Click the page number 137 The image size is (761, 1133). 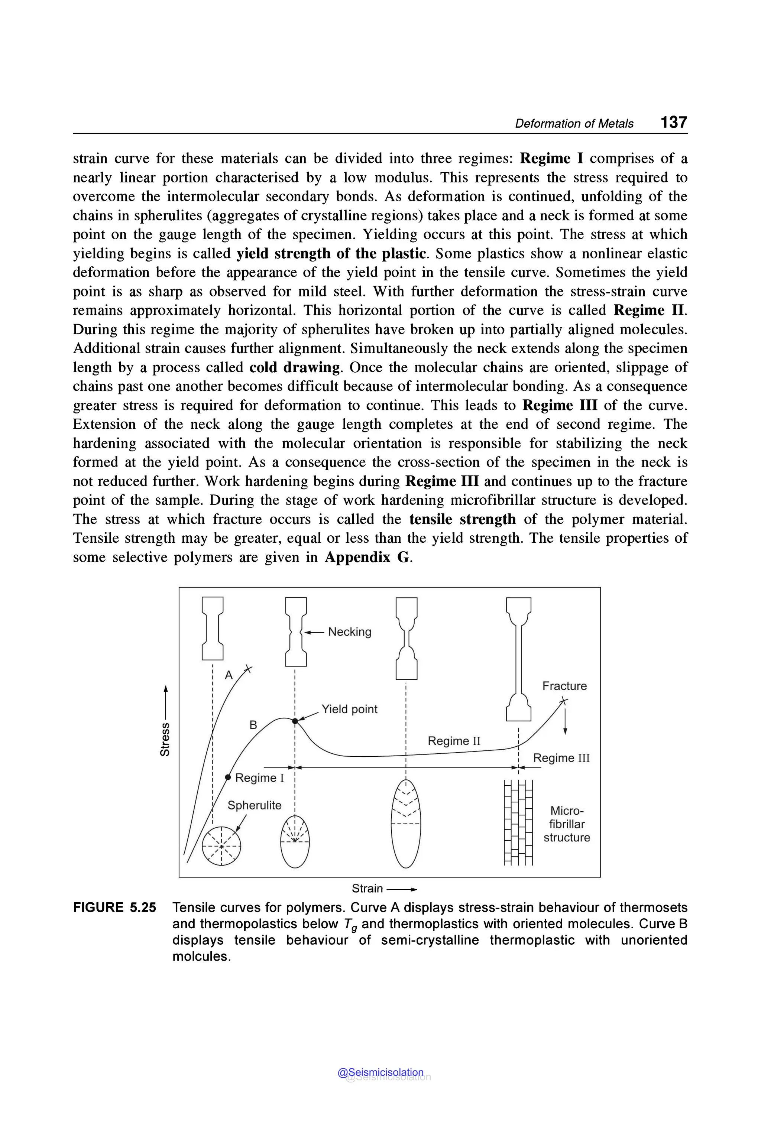(x=673, y=122)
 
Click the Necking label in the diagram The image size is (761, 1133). (x=349, y=632)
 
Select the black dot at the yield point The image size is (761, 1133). (x=295, y=721)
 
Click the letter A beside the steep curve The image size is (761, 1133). (x=229, y=675)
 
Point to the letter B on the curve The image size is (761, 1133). (x=253, y=725)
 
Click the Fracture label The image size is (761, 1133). (x=564, y=686)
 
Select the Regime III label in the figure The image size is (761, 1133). (x=561, y=758)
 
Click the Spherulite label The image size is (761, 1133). (x=254, y=805)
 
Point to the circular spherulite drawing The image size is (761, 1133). (x=221, y=846)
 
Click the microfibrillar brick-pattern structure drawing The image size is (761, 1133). (x=518, y=823)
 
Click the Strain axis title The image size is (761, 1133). (x=367, y=889)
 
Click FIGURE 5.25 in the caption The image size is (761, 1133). (x=114, y=908)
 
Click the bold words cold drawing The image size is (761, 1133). (x=295, y=367)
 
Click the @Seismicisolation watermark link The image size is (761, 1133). (x=380, y=1072)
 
